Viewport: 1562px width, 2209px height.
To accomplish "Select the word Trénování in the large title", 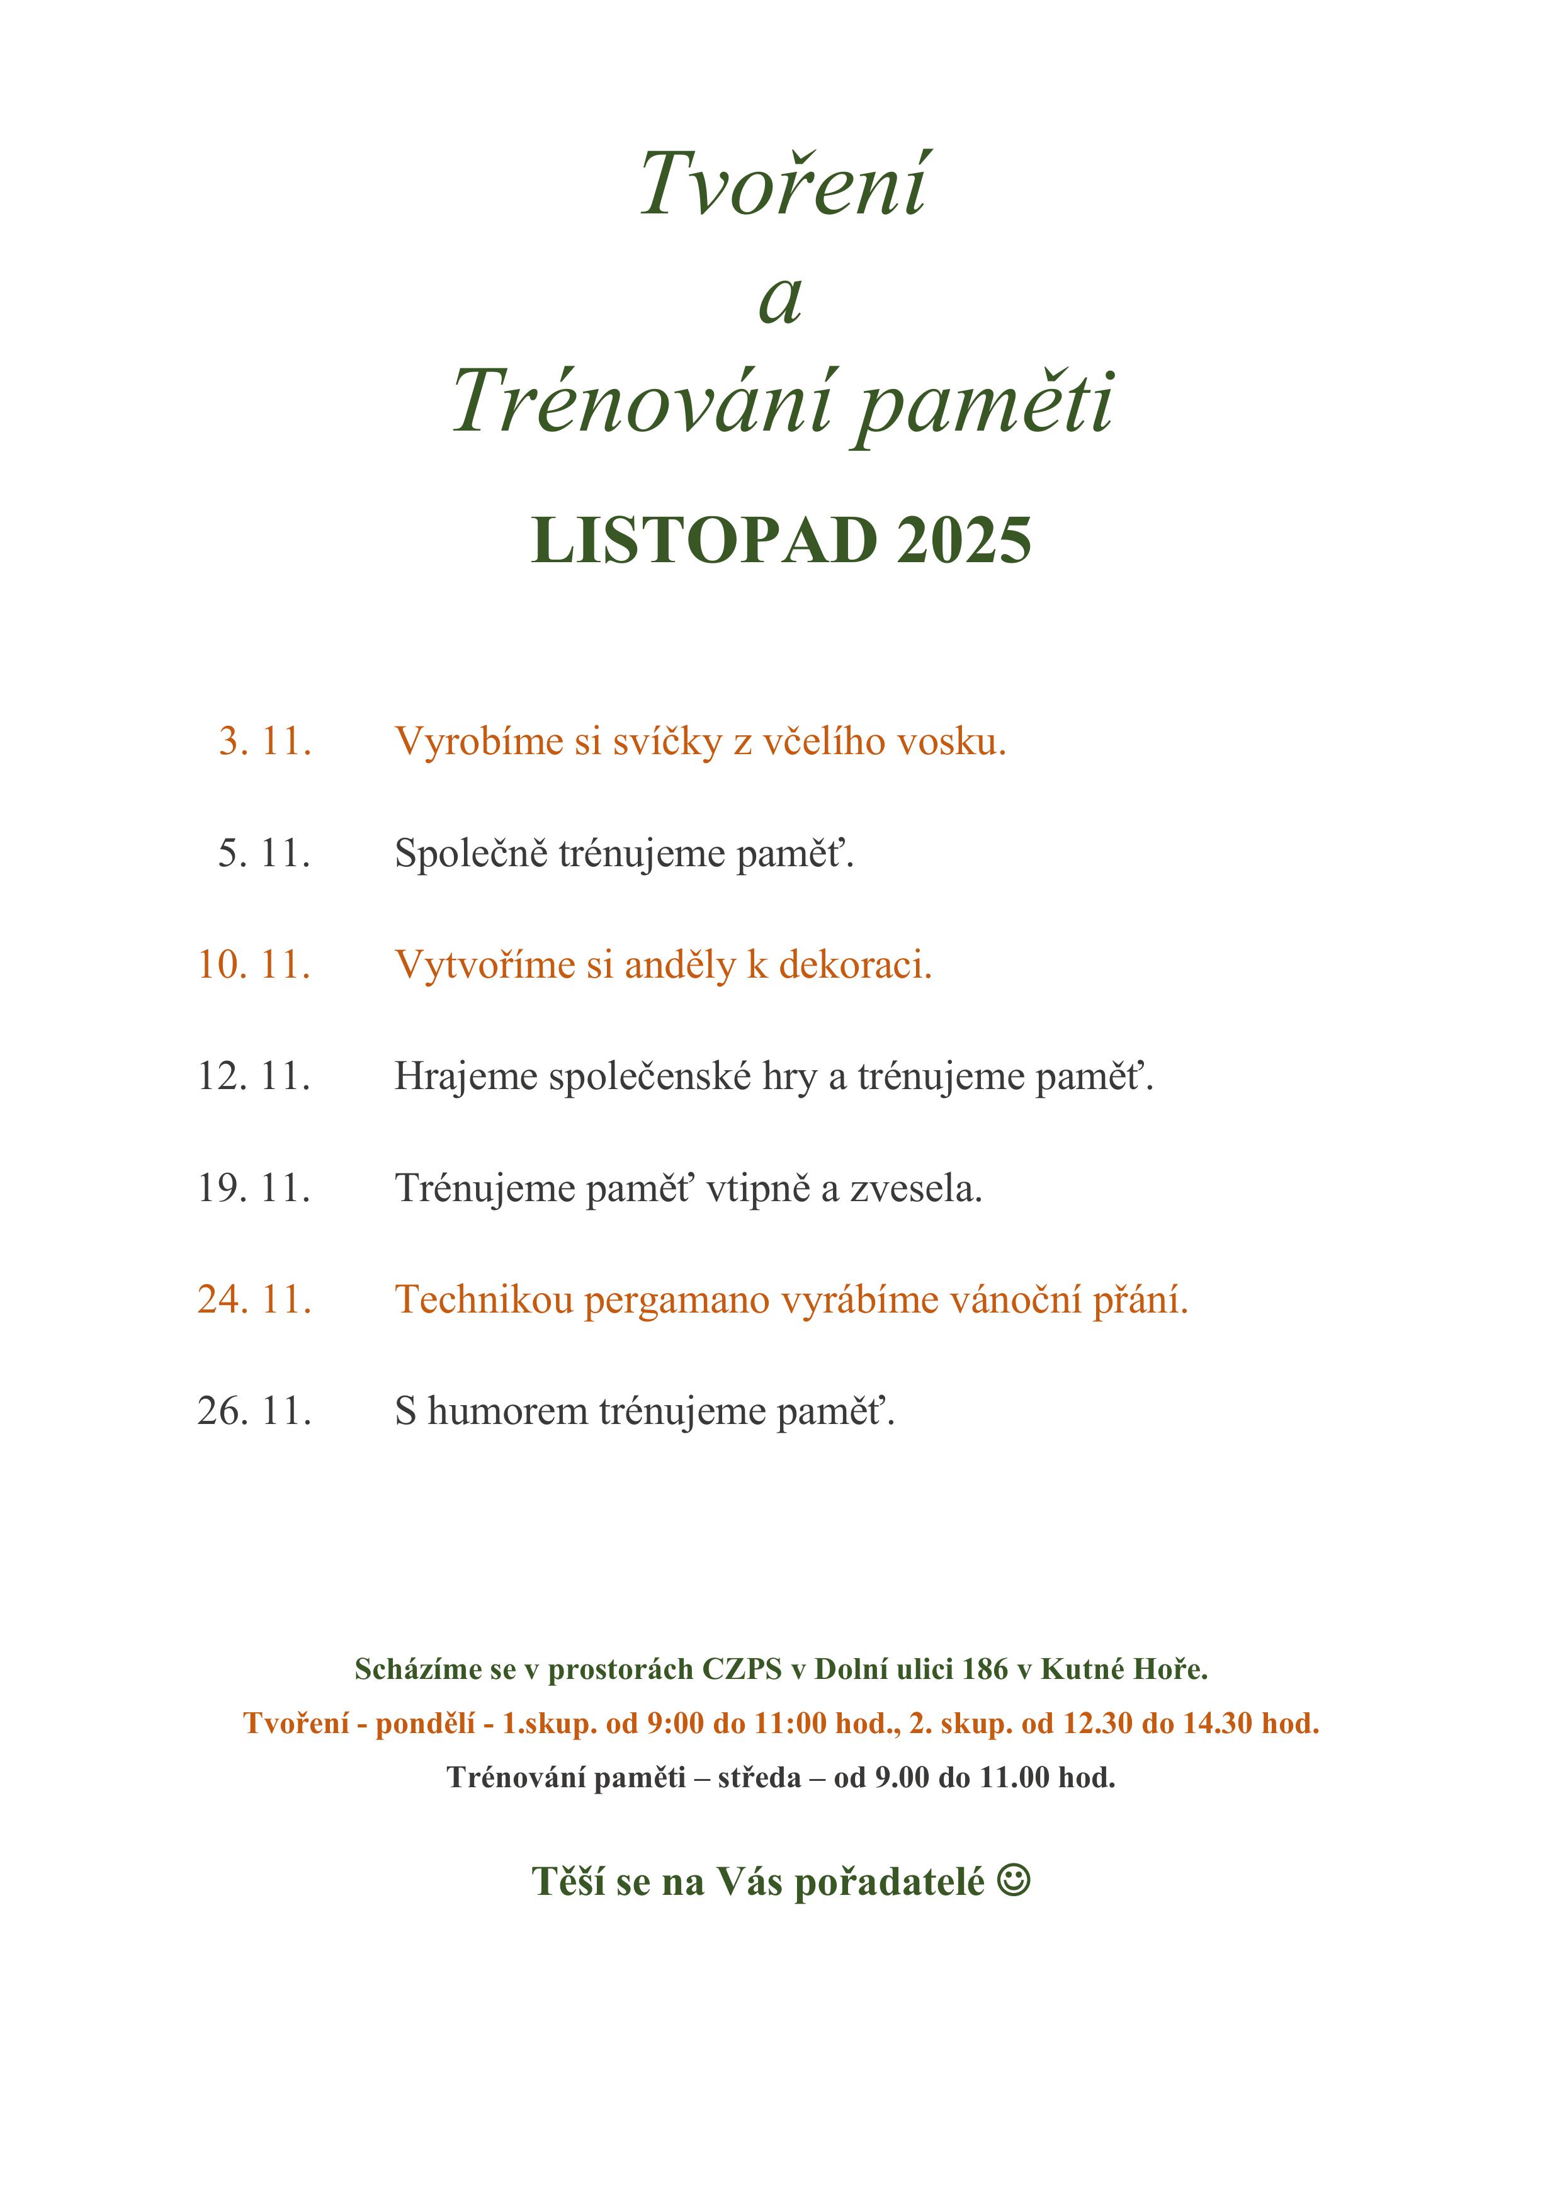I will pos(643,402).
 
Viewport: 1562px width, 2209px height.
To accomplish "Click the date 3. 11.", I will pos(264,741).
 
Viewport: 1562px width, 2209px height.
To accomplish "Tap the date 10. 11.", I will pos(255,964).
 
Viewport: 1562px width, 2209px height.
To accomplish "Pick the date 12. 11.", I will pos(255,1076).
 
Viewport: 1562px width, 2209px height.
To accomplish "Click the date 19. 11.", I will pos(255,1188).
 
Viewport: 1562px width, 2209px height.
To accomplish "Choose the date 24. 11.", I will pos(255,1300).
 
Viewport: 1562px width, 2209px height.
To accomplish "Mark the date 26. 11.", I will pos(255,1411).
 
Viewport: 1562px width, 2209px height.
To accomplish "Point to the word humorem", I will pos(508,1411).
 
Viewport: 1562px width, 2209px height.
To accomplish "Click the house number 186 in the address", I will pos(985,1669).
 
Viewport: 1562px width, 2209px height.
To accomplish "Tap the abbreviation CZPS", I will pos(742,1669).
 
